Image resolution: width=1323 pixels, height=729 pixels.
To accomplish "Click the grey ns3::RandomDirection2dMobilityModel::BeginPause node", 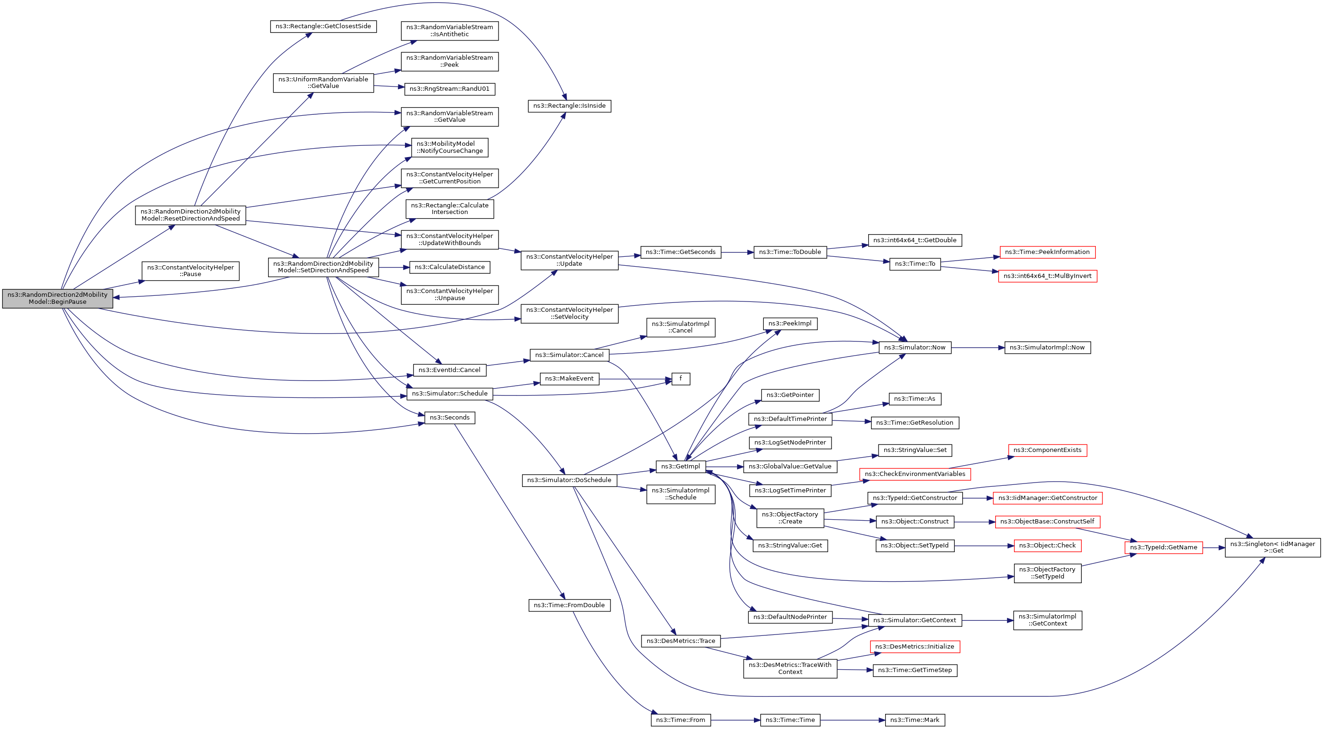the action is (57, 299).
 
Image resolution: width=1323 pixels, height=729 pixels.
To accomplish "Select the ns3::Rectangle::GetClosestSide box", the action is (323, 26).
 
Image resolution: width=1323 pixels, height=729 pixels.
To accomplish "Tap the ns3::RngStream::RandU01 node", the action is (450, 89).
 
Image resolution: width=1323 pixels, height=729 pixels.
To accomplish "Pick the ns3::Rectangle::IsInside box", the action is (569, 106).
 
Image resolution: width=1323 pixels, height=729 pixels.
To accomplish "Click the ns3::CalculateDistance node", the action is (450, 267).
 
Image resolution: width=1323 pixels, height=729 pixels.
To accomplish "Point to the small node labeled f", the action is (681, 379).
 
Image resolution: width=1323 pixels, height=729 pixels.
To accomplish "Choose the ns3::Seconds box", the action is (450, 418).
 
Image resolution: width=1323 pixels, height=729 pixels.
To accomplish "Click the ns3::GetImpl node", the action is (681, 467).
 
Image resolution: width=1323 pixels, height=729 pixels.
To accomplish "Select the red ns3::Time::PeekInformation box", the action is (1047, 252).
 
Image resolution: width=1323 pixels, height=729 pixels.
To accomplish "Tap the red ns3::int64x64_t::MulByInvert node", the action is (1047, 276).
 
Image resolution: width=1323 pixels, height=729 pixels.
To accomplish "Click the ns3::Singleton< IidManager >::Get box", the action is (1273, 547).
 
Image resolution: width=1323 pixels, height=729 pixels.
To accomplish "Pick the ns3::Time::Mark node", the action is (915, 720).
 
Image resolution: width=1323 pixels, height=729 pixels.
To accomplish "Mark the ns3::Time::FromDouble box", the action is (569, 605).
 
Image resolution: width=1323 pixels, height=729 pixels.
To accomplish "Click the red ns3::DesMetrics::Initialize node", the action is (915, 647).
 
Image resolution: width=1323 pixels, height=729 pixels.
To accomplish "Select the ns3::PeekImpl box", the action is (790, 324).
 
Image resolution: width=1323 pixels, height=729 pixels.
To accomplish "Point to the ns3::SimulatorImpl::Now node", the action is (1047, 348).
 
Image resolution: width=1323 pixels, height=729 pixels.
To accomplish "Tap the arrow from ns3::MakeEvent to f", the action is (635, 379).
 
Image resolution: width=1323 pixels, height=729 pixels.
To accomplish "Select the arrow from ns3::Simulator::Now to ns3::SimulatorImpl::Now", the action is (978, 348).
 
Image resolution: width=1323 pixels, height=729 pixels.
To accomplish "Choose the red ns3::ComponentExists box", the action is (1047, 450).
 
